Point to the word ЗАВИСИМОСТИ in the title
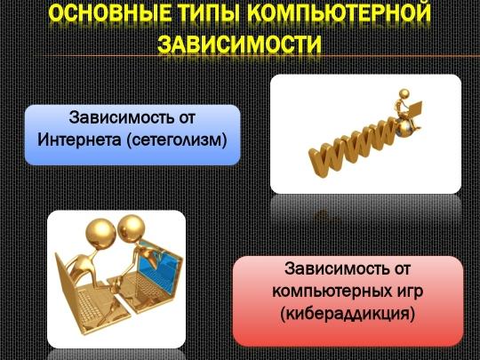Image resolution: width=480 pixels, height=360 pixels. pos(239,44)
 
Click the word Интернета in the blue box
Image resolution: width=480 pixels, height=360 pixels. pos(79,140)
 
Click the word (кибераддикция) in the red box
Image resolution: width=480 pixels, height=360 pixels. pos(348,314)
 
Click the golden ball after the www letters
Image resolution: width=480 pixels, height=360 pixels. pos(403,129)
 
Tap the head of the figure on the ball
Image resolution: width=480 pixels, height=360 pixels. pos(404,93)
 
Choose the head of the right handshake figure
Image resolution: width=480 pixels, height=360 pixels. pos(132,228)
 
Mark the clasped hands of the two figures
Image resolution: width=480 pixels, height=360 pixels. pos(116,284)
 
